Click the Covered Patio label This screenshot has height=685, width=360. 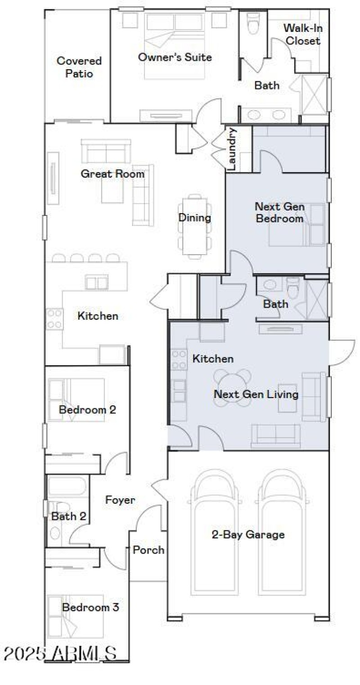click(x=79, y=67)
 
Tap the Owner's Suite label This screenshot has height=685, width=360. click(x=175, y=57)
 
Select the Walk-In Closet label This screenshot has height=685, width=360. click(x=303, y=34)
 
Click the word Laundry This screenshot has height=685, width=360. click(x=232, y=149)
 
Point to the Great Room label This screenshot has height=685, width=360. click(x=112, y=174)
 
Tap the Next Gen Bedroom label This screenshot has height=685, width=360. click(x=279, y=213)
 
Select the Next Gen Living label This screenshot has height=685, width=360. click(x=256, y=394)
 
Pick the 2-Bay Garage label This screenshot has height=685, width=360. click(x=248, y=534)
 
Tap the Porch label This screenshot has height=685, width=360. click(x=148, y=550)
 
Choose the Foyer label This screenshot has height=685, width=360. click(x=120, y=500)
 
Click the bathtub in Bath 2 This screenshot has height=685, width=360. click(x=67, y=487)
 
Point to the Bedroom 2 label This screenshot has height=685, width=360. click(x=87, y=410)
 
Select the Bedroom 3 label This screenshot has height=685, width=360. click(x=90, y=608)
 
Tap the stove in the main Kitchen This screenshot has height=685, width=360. click(x=54, y=318)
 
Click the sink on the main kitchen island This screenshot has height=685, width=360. click(x=97, y=282)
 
